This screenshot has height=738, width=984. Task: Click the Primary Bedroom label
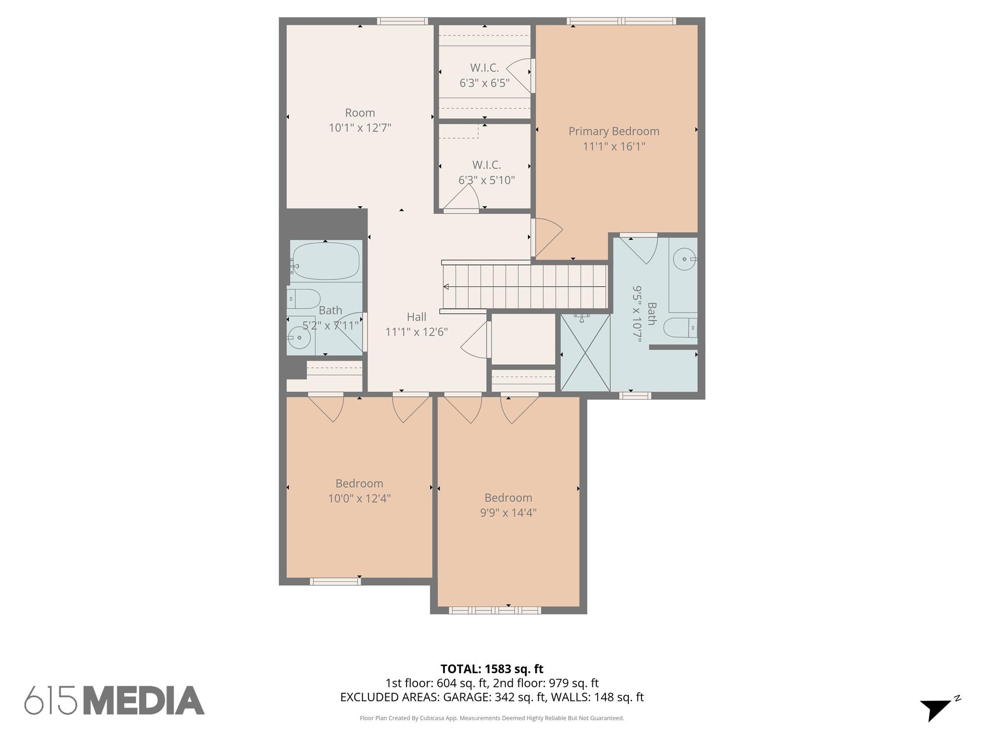pos(614,131)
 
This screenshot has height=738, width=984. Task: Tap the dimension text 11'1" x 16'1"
pos(614,147)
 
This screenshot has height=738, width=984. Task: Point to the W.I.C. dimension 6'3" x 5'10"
pos(486,181)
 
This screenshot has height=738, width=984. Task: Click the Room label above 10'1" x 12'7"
pos(360,113)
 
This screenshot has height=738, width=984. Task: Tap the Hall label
pos(416,317)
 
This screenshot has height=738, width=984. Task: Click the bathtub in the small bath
pos(326,261)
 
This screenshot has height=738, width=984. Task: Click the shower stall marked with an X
pos(585,353)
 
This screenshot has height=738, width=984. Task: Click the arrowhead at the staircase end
pos(446,287)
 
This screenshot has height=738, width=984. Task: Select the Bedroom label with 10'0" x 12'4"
pos(359,483)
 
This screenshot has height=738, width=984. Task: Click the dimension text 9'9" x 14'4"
pos(508,513)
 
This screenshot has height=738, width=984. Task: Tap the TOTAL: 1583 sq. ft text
pos(492,669)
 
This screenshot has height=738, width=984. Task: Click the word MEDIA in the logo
pos(144,701)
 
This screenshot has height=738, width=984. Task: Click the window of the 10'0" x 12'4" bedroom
pos(335,581)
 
